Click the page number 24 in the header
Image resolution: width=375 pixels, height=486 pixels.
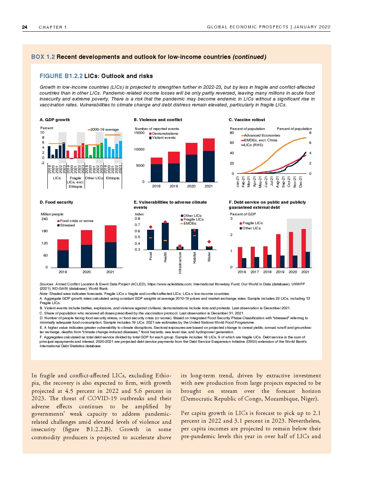pos(25,27)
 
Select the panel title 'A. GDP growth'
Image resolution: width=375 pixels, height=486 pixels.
pos(54,120)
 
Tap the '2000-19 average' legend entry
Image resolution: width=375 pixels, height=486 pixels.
pos(104,130)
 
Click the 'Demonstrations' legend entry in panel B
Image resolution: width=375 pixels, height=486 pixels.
pos(165,134)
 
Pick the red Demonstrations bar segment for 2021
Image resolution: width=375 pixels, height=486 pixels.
pos(208,145)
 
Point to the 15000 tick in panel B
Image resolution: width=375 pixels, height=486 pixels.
pos(139,133)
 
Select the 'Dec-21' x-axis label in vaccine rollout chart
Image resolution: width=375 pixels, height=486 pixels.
pos(300,182)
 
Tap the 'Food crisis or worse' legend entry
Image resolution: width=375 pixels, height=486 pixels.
pos(76,221)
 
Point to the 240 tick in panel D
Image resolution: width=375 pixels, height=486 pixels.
pos(44,219)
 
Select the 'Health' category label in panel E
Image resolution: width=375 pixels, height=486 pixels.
pos(165,257)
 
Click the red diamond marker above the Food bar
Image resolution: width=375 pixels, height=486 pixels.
pos(151,227)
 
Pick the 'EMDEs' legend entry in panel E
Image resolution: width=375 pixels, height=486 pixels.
pos(190,223)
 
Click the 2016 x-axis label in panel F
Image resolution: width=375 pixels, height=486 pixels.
pos(242,272)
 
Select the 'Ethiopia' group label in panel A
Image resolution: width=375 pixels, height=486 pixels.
pos(113,178)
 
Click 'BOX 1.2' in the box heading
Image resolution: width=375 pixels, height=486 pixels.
pos(43,57)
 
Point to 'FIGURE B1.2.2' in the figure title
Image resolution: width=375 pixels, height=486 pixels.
pos(61,76)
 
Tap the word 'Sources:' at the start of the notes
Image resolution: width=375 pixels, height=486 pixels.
pos(47,284)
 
